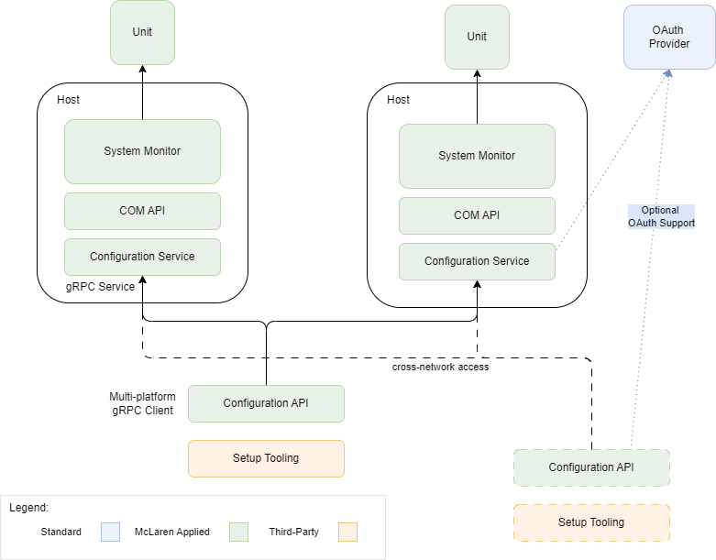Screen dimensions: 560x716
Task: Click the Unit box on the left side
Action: pyautogui.click(x=142, y=32)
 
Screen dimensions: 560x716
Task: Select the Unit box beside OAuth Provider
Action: pyautogui.click(x=477, y=37)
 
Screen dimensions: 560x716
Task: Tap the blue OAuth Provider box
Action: pyautogui.click(x=669, y=37)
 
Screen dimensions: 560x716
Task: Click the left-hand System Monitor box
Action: pyautogui.click(x=142, y=151)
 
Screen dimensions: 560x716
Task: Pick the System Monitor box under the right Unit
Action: pyautogui.click(x=477, y=156)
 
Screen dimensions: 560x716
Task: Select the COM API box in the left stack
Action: pyautogui.click(x=142, y=211)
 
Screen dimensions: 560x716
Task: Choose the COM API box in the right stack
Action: pyautogui.click(x=477, y=215)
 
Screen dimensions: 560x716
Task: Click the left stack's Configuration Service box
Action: pyautogui.click(x=142, y=257)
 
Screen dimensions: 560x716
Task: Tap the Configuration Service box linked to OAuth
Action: pyautogui.click(x=477, y=261)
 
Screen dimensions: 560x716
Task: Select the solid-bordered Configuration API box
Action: pyautogui.click(x=266, y=403)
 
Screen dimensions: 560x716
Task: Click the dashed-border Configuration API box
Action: pyautogui.click(x=591, y=467)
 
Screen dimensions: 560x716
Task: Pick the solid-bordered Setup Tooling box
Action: pyautogui.click(x=266, y=458)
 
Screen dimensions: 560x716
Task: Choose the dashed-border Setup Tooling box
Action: pyautogui.click(x=591, y=522)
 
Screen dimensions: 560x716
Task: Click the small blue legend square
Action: pyautogui.click(x=110, y=532)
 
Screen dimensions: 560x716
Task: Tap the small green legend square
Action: pyautogui.click(x=238, y=532)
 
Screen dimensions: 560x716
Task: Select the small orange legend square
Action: pyautogui.click(x=347, y=532)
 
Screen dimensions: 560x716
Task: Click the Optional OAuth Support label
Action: pyautogui.click(x=661, y=217)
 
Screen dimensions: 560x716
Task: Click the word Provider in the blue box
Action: pyautogui.click(x=669, y=44)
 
